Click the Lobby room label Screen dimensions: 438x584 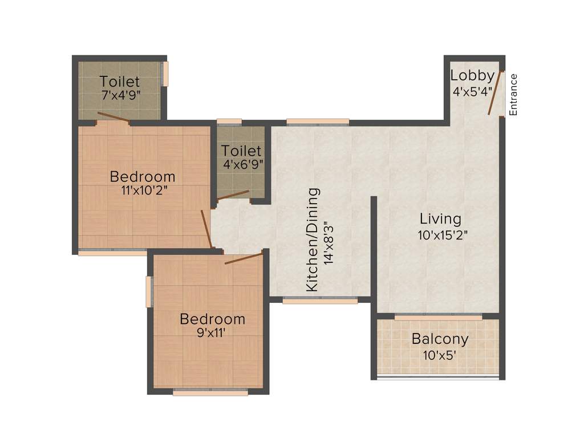tap(472, 75)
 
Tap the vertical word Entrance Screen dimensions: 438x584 tap(513, 95)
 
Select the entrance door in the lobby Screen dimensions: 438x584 tap(496, 92)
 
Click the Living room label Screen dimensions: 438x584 tap(440, 218)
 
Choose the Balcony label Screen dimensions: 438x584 tap(440, 339)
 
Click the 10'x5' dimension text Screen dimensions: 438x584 tap(440, 354)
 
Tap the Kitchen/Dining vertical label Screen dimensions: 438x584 tap(313, 240)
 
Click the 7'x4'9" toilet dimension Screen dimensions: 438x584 tap(121, 95)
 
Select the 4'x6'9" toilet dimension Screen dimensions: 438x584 tap(242, 165)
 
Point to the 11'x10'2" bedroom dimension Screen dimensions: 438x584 tap(143, 191)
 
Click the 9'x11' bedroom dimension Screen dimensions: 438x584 tap(212, 334)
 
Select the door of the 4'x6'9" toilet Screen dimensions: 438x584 tap(233, 195)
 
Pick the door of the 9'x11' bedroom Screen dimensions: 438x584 tap(244, 257)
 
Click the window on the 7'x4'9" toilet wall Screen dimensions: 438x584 tap(166, 74)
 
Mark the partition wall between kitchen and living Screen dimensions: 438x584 tap(374, 248)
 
